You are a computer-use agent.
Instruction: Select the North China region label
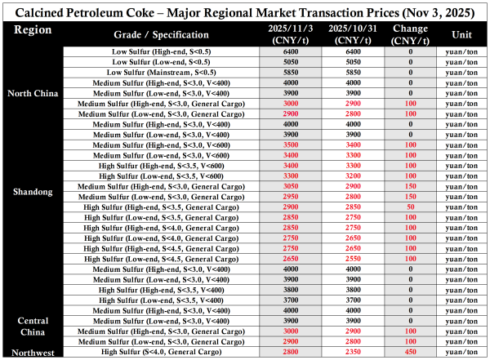coord(33,93)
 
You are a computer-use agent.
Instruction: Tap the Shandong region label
coord(33,192)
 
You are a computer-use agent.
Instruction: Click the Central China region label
coord(33,327)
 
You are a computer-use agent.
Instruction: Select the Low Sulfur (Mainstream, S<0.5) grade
coord(154,72)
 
